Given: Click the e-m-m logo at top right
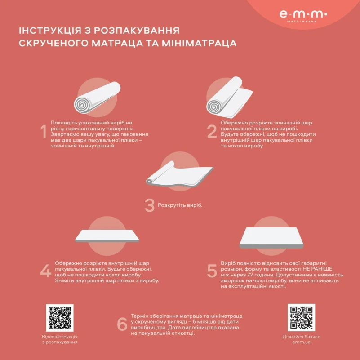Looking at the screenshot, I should click(x=303, y=15).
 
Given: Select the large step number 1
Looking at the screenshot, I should click(x=44, y=132).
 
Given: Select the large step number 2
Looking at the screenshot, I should click(x=212, y=132).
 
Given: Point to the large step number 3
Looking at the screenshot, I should click(x=149, y=205).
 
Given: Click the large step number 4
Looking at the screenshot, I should click(x=45, y=271).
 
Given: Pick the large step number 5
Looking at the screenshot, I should click(x=212, y=271).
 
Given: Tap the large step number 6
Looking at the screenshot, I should click(x=122, y=324).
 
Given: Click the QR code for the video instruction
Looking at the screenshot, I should click(x=59, y=318).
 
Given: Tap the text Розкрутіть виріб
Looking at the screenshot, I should click(x=180, y=205).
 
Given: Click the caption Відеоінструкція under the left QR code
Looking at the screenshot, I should click(x=59, y=336).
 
